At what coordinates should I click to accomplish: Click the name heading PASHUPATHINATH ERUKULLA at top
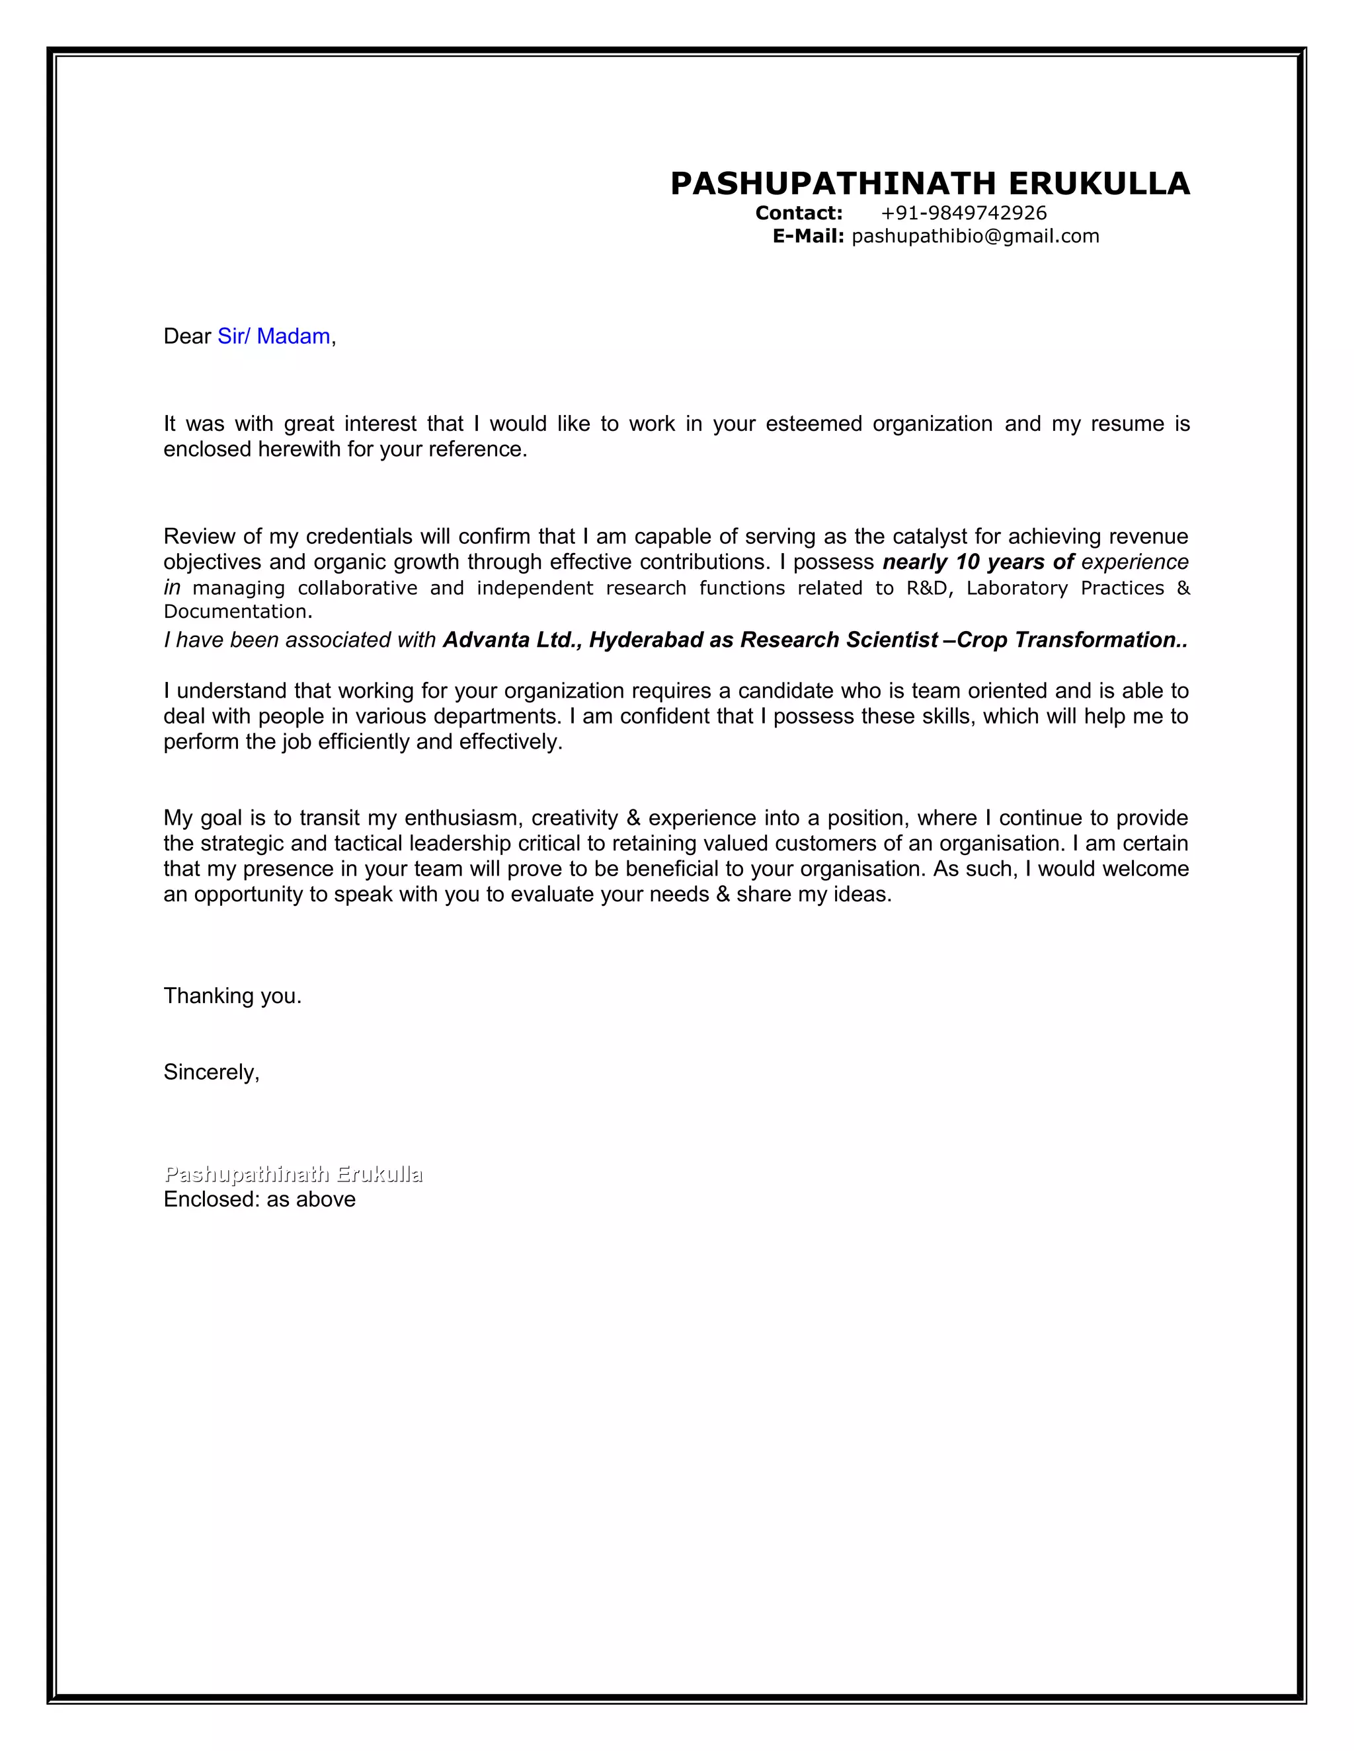[929, 184]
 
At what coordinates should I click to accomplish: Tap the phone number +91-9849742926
[963, 213]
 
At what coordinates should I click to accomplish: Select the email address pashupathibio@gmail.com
[975, 237]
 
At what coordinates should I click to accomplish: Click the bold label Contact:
[798, 213]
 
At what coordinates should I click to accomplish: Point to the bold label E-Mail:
[808, 237]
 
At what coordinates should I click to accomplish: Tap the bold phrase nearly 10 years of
[978, 562]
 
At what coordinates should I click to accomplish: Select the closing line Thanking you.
[232, 996]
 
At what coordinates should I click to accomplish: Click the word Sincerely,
[211, 1072]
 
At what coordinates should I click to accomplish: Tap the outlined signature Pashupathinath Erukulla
[293, 1175]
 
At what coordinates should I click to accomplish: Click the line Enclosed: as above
[259, 1200]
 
